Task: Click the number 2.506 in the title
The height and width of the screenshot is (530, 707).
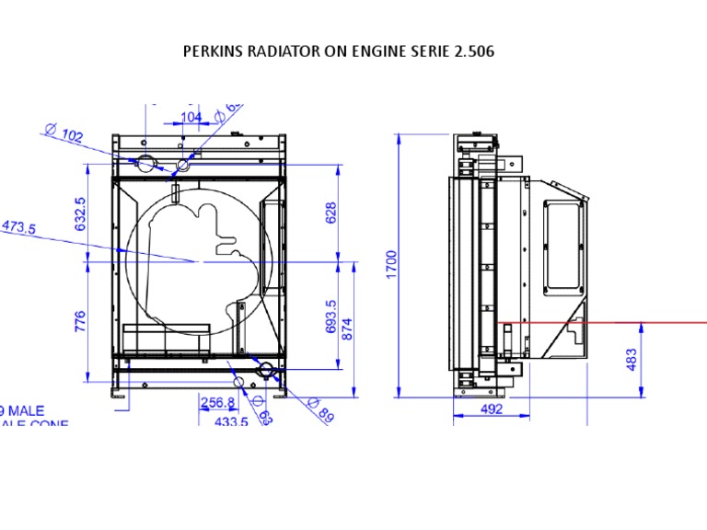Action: click(x=473, y=52)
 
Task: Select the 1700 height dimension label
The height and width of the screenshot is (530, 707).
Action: click(x=392, y=265)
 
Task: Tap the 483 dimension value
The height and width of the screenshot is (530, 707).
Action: click(x=631, y=360)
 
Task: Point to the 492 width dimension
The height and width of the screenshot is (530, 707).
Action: click(x=492, y=410)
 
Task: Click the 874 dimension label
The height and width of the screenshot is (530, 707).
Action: click(x=347, y=328)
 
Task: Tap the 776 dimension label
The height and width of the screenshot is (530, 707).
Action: click(x=80, y=321)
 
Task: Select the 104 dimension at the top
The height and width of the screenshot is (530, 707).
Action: click(x=191, y=117)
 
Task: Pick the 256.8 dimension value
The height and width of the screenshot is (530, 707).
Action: click(x=217, y=403)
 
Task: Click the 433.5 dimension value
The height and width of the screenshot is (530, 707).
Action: click(x=230, y=421)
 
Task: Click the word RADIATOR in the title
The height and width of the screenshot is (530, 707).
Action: click(x=283, y=52)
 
